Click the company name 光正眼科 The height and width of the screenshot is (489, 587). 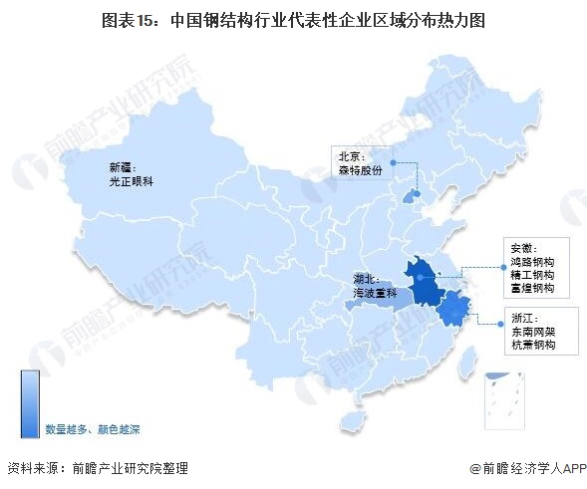(x=131, y=183)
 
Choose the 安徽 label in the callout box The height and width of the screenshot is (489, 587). (x=523, y=247)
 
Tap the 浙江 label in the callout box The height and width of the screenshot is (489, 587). (x=523, y=316)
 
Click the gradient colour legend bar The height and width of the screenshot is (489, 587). (x=30, y=403)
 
